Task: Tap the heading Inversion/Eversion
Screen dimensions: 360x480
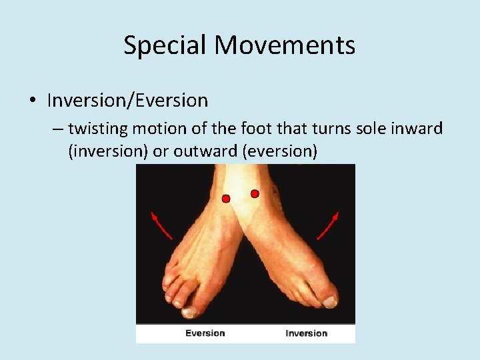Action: click(127, 101)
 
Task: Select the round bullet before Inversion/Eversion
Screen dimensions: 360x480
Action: click(32, 101)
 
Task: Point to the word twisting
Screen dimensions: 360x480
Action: click(94, 128)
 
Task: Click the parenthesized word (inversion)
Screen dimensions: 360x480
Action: click(108, 151)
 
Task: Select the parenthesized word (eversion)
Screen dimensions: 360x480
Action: click(280, 151)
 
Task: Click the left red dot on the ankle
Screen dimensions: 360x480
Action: click(226, 199)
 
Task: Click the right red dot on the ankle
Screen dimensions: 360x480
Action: click(255, 193)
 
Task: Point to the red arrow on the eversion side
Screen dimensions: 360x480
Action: click(161, 225)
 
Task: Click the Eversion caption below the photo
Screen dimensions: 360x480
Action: click(205, 333)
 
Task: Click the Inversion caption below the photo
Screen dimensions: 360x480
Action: click(306, 333)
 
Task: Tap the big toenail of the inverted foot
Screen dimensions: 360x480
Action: click(330, 302)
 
